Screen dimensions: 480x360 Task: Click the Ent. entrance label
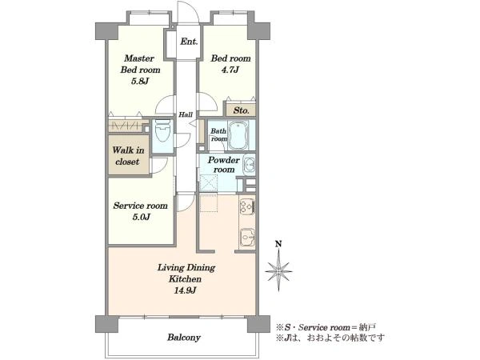pos(189,42)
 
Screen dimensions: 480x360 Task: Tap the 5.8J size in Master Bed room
pos(140,82)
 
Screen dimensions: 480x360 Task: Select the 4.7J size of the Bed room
pos(230,70)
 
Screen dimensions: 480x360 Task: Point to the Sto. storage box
pos(241,110)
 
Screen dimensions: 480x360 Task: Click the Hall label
pos(186,114)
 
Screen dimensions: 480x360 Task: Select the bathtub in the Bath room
pos(238,136)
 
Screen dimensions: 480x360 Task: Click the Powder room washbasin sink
pos(250,166)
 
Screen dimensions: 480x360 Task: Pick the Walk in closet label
pos(128,156)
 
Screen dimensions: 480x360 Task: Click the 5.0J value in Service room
pos(141,218)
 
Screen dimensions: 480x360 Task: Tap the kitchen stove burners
pos(247,206)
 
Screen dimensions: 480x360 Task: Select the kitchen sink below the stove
pos(247,237)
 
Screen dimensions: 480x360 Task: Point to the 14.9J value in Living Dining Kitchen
pos(186,290)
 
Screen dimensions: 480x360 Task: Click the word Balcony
pos(184,338)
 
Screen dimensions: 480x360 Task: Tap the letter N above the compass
pos(278,244)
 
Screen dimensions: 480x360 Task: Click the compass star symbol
pos(278,271)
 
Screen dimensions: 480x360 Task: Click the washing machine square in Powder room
pos(209,182)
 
